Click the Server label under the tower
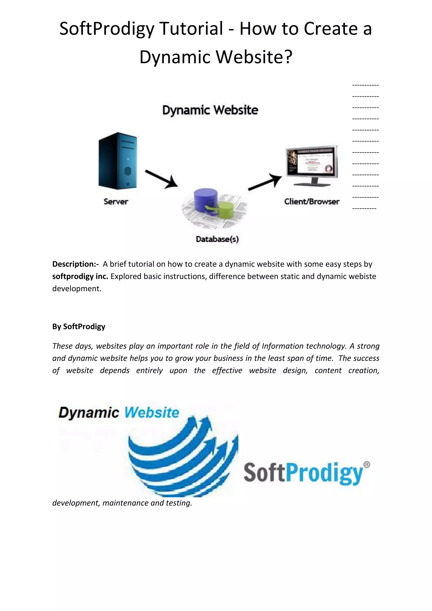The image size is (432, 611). pos(116,202)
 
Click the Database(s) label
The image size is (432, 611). pos(217,239)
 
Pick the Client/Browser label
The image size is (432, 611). pos(312,202)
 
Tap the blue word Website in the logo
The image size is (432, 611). pos(152,413)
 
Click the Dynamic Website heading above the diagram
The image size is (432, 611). pos(210,110)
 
